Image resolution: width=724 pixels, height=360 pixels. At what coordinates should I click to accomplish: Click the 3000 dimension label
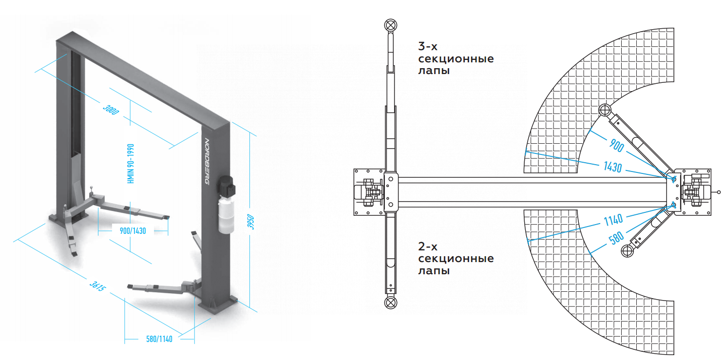111,110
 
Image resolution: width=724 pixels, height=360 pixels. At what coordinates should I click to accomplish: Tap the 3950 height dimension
251,222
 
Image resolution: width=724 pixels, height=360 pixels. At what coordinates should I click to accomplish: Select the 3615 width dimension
97,286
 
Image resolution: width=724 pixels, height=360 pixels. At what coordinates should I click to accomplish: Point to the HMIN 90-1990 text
131,164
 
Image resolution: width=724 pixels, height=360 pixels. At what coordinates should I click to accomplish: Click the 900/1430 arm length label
133,231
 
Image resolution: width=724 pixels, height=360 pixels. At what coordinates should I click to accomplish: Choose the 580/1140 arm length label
159,339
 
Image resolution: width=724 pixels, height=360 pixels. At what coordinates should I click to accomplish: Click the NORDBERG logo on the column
207,162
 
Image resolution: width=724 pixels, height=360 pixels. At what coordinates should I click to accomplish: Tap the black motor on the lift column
226,186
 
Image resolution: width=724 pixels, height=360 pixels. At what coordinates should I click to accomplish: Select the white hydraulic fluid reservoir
226,214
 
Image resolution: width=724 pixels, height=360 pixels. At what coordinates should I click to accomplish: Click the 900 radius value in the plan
617,146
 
